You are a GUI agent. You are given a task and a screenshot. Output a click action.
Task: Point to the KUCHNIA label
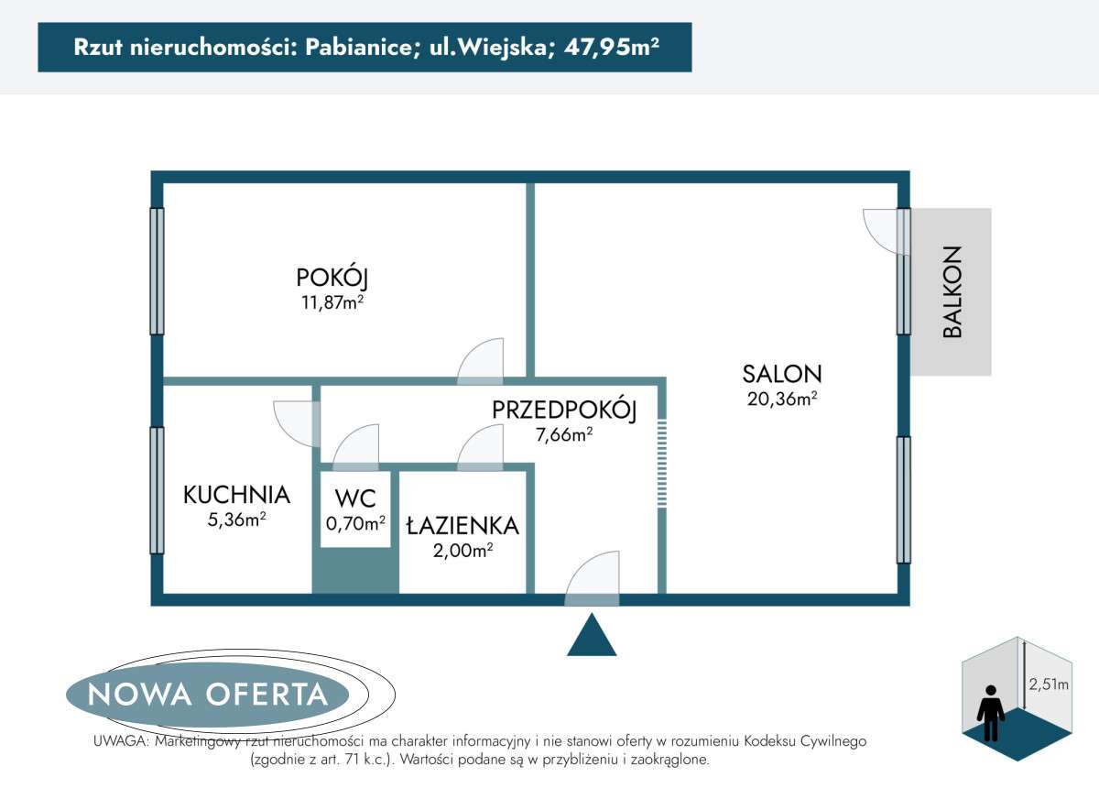point(236,495)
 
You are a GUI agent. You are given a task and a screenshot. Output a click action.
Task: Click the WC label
point(355,499)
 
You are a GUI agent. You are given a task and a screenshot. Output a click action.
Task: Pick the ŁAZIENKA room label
point(462,526)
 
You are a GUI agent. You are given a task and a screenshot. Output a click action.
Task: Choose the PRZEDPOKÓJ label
point(563,410)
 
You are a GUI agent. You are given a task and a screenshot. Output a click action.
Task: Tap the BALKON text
point(953,292)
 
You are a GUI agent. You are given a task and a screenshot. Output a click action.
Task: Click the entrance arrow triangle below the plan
point(592,635)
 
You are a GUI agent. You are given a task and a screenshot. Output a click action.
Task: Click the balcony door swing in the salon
point(883,230)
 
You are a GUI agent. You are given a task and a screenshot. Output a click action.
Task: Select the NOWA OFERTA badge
point(208,695)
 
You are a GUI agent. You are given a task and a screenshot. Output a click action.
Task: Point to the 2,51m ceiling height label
point(1049,684)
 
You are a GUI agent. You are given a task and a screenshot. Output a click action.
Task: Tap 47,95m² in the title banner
point(613,48)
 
